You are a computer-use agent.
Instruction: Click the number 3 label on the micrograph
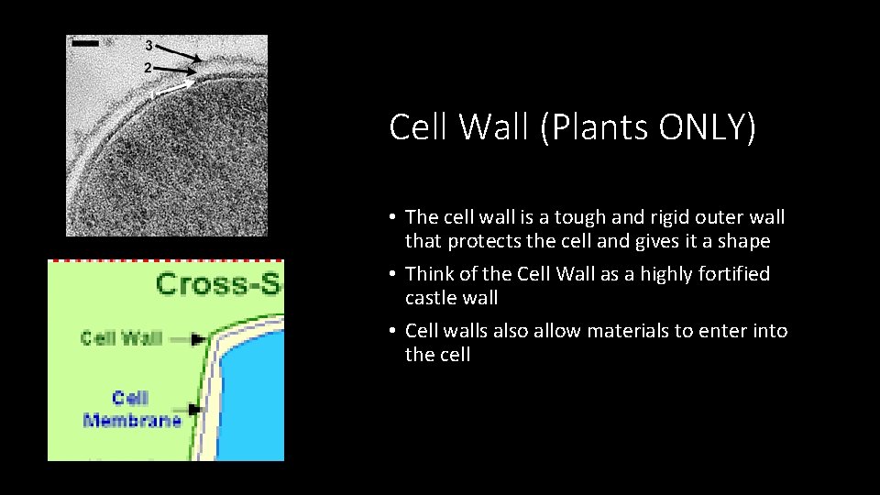tap(148, 45)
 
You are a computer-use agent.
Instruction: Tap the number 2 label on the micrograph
tap(148, 68)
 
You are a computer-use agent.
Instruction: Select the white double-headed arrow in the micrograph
tap(176, 88)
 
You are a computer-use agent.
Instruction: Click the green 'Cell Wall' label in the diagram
tap(121, 337)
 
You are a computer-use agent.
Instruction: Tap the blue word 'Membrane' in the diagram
tap(132, 421)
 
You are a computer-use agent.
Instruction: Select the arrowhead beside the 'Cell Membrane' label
tap(194, 410)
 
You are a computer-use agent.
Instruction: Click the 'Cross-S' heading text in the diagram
tap(219, 283)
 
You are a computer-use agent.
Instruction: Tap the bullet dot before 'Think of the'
tap(391, 274)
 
